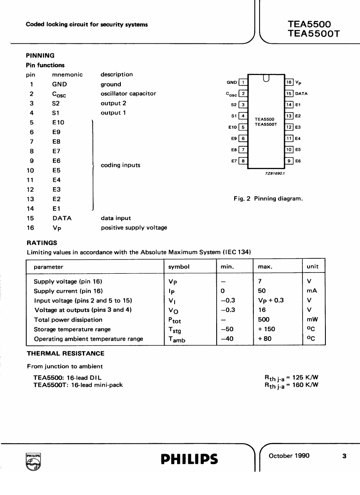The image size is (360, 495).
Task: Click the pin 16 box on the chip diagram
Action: point(289,82)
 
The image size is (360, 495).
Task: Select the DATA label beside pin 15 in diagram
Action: point(301,94)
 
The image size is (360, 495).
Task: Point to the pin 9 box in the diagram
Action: point(289,160)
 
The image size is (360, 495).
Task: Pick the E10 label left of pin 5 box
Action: point(232,127)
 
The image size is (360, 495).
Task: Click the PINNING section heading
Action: point(40,55)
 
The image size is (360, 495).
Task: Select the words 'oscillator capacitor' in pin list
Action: point(128,93)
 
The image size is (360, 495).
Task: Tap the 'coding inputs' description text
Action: point(120,165)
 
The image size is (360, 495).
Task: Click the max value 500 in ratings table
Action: point(264,320)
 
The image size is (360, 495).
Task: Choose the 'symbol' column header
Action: point(179,267)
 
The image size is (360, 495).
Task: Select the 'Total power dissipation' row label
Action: point(68,320)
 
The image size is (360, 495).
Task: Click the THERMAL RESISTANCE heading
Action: point(65,353)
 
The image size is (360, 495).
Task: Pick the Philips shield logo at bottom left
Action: point(33,461)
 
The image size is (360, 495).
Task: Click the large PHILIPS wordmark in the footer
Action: point(189,459)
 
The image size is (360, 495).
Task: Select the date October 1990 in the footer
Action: point(289,455)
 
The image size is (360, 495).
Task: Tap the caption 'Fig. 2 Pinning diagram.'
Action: point(268,199)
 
